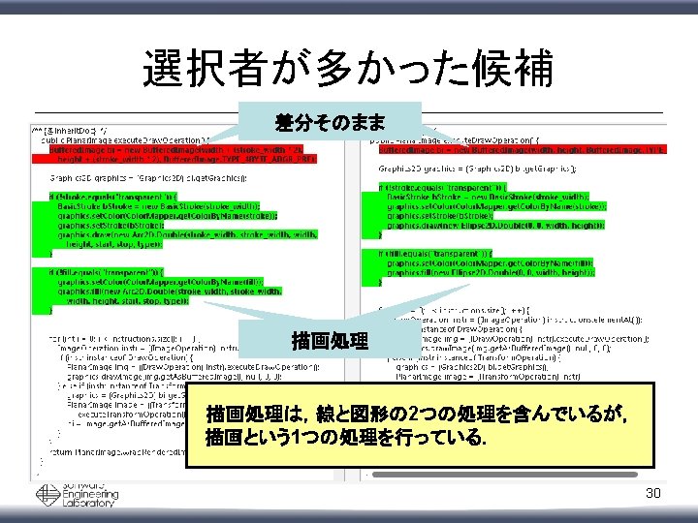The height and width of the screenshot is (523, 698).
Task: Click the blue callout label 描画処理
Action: click(330, 340)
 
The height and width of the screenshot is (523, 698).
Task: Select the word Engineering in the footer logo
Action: click(91, 494)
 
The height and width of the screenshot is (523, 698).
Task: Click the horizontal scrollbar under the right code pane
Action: click(514, 474)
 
